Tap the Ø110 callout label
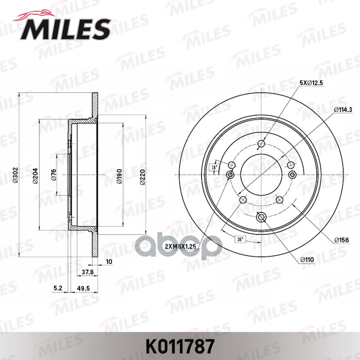(x=308, y=260)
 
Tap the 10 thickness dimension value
(x=109, y=261)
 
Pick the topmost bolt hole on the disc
(x=261, y=144)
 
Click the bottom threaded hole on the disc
(x=261, y=217)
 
